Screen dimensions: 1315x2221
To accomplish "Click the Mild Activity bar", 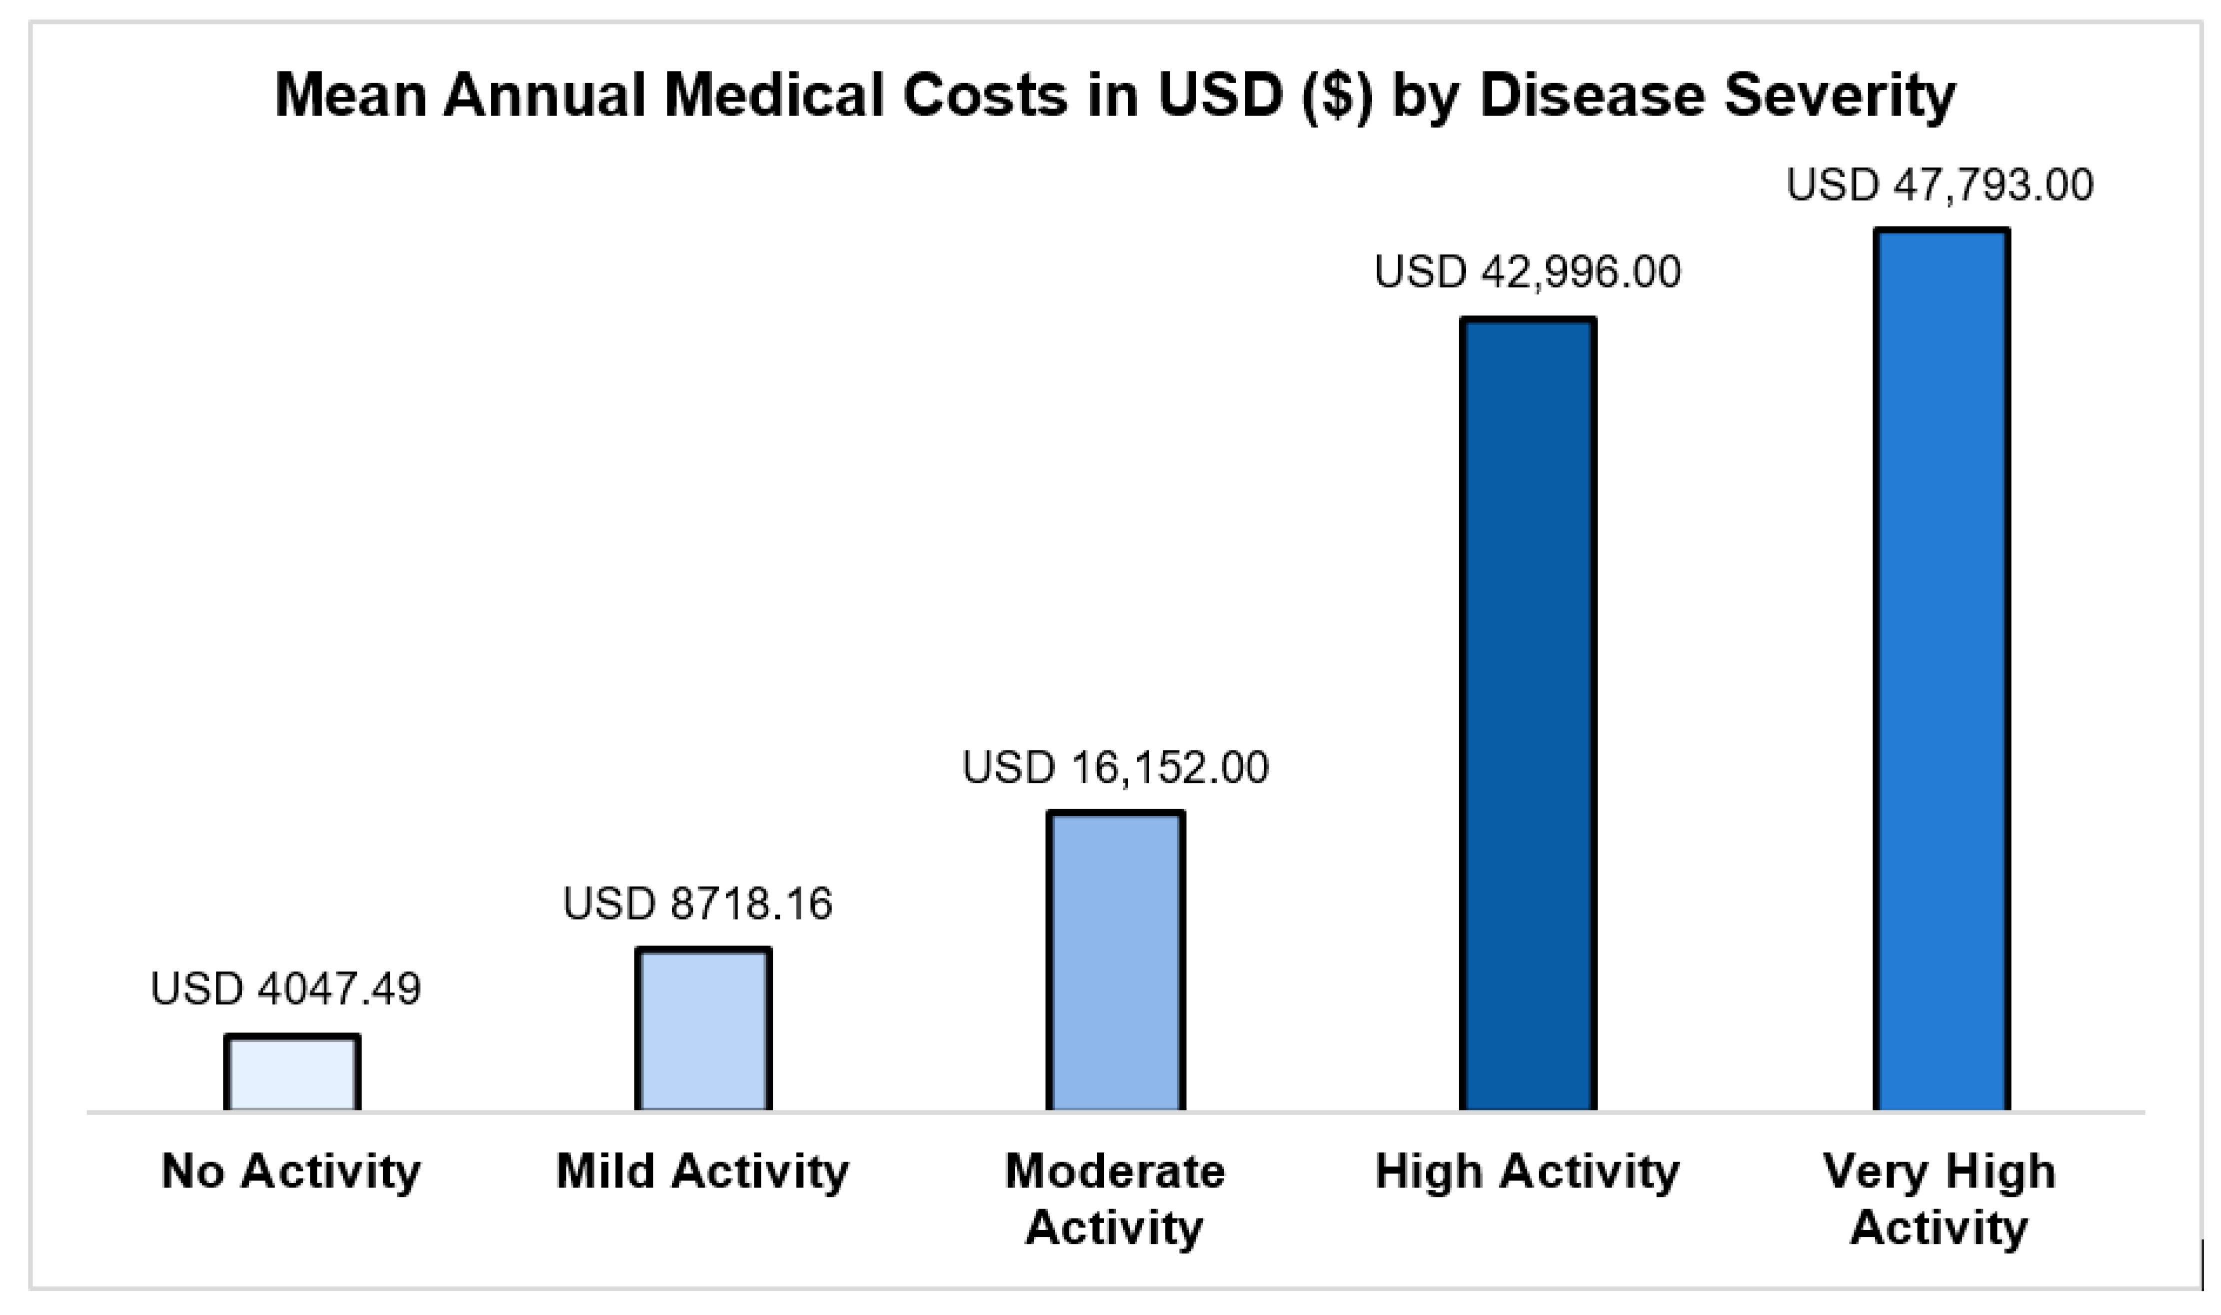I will coord(703,1029).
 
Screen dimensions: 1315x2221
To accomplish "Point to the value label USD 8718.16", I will coord(698,904).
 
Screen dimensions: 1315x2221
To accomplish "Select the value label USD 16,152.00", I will coord(1115,767).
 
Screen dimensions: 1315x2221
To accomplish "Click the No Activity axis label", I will coord(290,1171).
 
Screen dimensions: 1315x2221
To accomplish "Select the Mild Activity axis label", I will coord(702,1171).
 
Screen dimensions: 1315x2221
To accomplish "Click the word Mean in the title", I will coord(352,95).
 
